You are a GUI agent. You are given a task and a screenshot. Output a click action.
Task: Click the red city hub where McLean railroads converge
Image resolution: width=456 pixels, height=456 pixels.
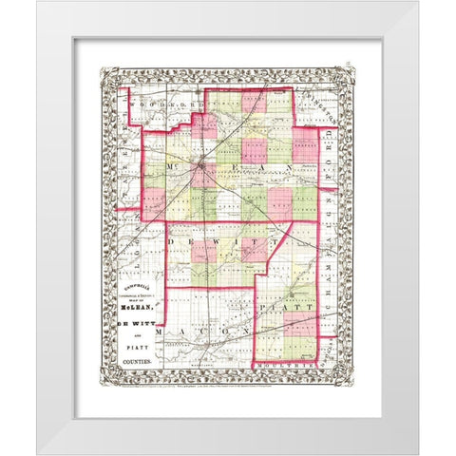[202, 169]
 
